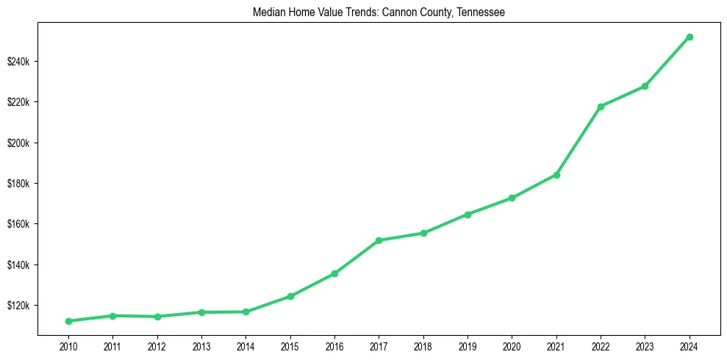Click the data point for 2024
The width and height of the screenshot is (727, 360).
(x=690, y=37)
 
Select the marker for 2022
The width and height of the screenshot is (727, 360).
(x=601, y=107)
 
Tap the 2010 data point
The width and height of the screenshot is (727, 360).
(x=68, y=321)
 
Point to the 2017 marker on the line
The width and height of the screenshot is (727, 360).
(x=379, y=240)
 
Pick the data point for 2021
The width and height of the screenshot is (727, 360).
(x=556, y=175)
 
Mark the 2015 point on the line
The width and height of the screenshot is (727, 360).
(x=290, y=296)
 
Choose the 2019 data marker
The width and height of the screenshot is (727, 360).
(x=468, y=215)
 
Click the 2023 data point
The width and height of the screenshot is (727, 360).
(x=645, y=86)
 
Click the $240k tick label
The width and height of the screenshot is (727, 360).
(x=18, y=61)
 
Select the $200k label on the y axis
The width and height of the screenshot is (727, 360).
(x=18, y=143)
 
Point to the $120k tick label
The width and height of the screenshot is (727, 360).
(x=18, y=306)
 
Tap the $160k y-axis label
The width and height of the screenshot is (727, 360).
(x=18, y=224)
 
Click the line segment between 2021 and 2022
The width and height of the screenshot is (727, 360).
(x=579, y=141)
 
